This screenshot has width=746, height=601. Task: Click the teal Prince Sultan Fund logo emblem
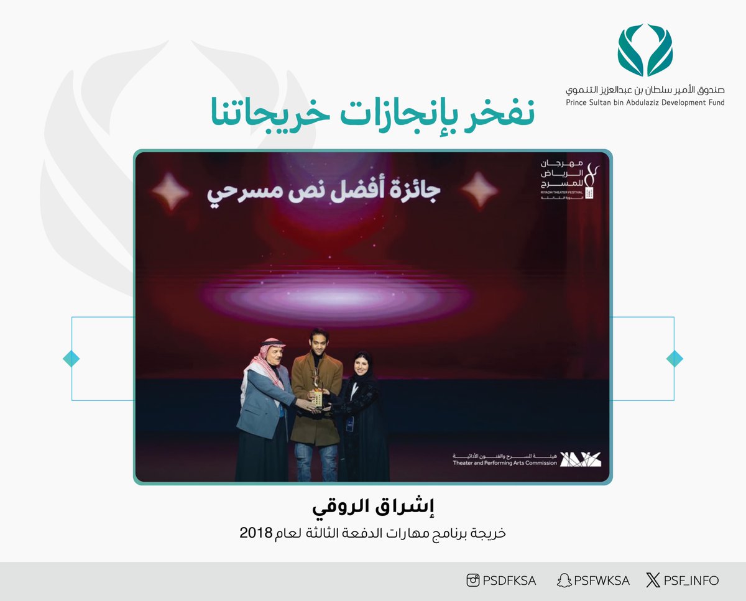click(x=645, y=50)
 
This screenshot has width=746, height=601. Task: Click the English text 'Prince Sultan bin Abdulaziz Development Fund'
click(x=645, y=103)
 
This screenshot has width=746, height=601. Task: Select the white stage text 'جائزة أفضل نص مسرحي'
click(x=323, y=191)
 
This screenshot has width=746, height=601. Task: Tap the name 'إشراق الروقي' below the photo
click(x=373, y=507)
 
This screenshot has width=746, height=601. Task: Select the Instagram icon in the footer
click(x=473, y=580)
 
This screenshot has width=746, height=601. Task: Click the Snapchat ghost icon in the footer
click(x=563, y=580)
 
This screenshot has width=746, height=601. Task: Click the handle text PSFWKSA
click(x=601, y=580)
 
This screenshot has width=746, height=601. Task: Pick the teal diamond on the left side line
click(x=71, y=359)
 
